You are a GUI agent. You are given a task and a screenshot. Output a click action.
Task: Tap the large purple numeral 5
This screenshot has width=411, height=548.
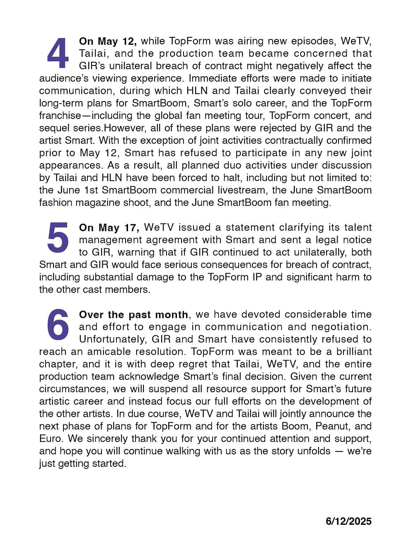tap(58, 238)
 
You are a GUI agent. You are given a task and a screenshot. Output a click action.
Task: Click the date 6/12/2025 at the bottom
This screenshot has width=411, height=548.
tap(348, 521)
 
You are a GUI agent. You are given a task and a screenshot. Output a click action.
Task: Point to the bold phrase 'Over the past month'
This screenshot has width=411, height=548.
tap(133, 315)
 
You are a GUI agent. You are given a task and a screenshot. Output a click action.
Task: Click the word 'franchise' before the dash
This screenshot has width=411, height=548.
tap(60, 116)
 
